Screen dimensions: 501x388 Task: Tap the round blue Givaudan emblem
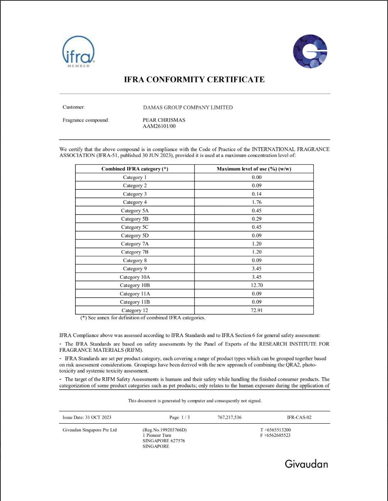pyautogui.click(x=310, y=51)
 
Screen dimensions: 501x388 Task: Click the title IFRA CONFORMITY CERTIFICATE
pyautogui.click(x=194, y=80)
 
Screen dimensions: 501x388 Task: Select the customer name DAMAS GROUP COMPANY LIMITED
pyautogui.click(x=188, y=107)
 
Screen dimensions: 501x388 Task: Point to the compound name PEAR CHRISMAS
pyautogui.click(x=164, y=120)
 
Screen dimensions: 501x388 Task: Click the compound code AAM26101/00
pyautogui.click(x=159, y=126)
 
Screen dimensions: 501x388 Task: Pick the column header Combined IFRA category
pyautogui.click(x=134, y=169)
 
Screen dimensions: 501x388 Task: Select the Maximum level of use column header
pyautogui.click(x=254, y=169)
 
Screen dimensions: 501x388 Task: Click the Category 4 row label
pyautogui.click(x=134, y=202)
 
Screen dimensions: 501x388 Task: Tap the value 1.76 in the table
pyautogui.click(x=257, y=202)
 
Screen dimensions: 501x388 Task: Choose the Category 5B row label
pyautogui.click(x=134, y=219)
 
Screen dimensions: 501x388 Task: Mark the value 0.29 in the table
pyautogui.click(x=257, y=219)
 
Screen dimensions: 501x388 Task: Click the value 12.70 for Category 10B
pyautogui.click(x=257, y=285)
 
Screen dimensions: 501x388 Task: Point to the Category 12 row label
pyautogui.click(x=134, y=310)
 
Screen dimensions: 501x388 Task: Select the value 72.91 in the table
pyautogui.click(x=257, y=310)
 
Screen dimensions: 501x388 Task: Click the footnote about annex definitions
pyautogui.click(x=143, y=318)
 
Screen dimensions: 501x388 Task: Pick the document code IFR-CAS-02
pyautogui.click(x=299, y=417)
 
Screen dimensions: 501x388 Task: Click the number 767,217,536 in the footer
pyautogui.click(x=230, y=417)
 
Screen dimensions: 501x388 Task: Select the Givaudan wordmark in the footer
pyautogui.click(x=306, y=464)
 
